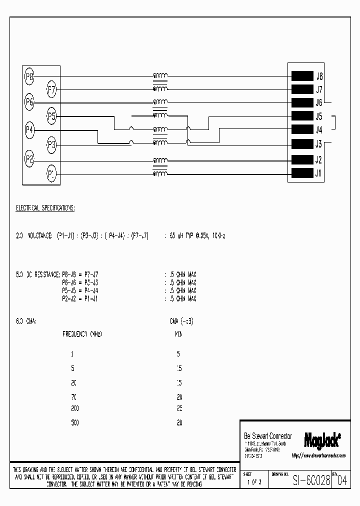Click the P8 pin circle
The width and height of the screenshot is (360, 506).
[29, 76]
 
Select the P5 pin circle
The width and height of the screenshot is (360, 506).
[51, 117]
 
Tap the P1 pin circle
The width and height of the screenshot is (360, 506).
[51, 174]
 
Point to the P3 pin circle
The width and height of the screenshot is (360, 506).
[51, 145]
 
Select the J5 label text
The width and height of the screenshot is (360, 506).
[319, 117]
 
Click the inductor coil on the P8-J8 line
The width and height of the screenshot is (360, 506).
[160, 76]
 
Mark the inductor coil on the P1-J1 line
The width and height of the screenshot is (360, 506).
[160, 174]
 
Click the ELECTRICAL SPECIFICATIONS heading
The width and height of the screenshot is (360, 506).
[45, 207]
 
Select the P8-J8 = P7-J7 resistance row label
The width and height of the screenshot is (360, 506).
[80, 274]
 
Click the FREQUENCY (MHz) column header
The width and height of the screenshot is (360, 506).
[82, 333]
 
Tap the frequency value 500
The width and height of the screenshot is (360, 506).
[75, 422]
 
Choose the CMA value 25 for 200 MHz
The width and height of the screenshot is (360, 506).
[179, 408]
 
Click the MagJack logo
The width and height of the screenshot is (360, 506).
[322, 439]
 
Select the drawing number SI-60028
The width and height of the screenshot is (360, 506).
[311, 481]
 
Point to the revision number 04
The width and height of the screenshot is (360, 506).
[341, 481]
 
